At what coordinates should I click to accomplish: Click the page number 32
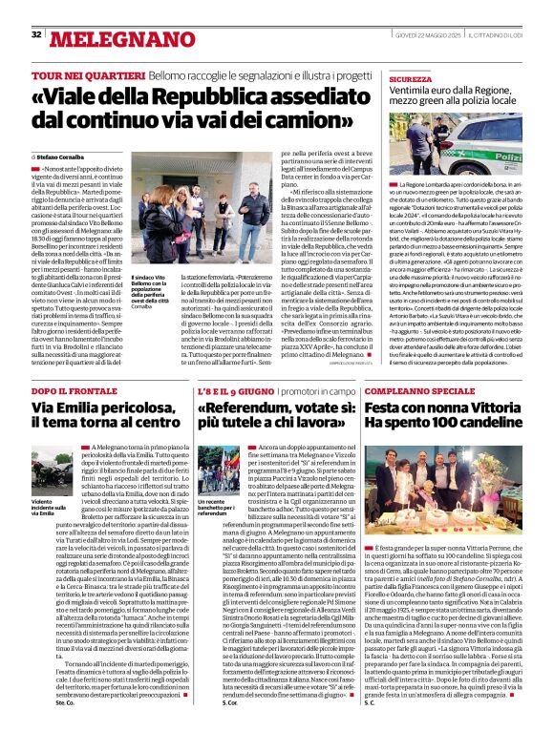tap(36, 34)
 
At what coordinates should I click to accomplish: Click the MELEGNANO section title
tap(108, 37)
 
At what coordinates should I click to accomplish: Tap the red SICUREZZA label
tap(411, 79)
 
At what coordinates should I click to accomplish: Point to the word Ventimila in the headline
tap(415, 93)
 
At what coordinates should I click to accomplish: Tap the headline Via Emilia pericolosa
tap(97, 408)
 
